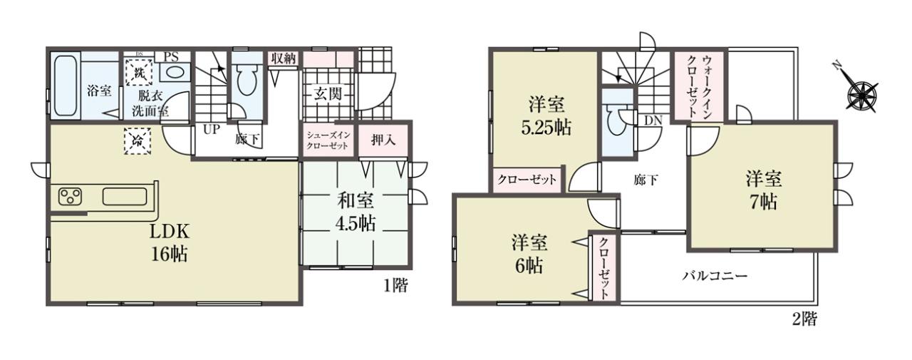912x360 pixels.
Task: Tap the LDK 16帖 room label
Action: [170, 243]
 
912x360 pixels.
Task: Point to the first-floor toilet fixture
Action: [246, 79]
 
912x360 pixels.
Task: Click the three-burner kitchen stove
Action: [71, 196]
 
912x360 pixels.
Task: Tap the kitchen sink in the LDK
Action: [125, 197]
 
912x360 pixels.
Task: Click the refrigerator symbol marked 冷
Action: [138, 141]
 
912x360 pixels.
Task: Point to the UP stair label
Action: [212, 130]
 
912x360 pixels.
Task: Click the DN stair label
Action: [653, 120]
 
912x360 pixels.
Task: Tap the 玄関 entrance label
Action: [327, 95]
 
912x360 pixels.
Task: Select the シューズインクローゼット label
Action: [328, 140]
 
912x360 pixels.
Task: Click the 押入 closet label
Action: [383, 140]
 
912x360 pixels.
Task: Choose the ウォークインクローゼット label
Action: [700, 86]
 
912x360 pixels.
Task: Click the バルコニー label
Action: [715, 277]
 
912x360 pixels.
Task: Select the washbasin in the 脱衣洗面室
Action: [175, 73]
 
